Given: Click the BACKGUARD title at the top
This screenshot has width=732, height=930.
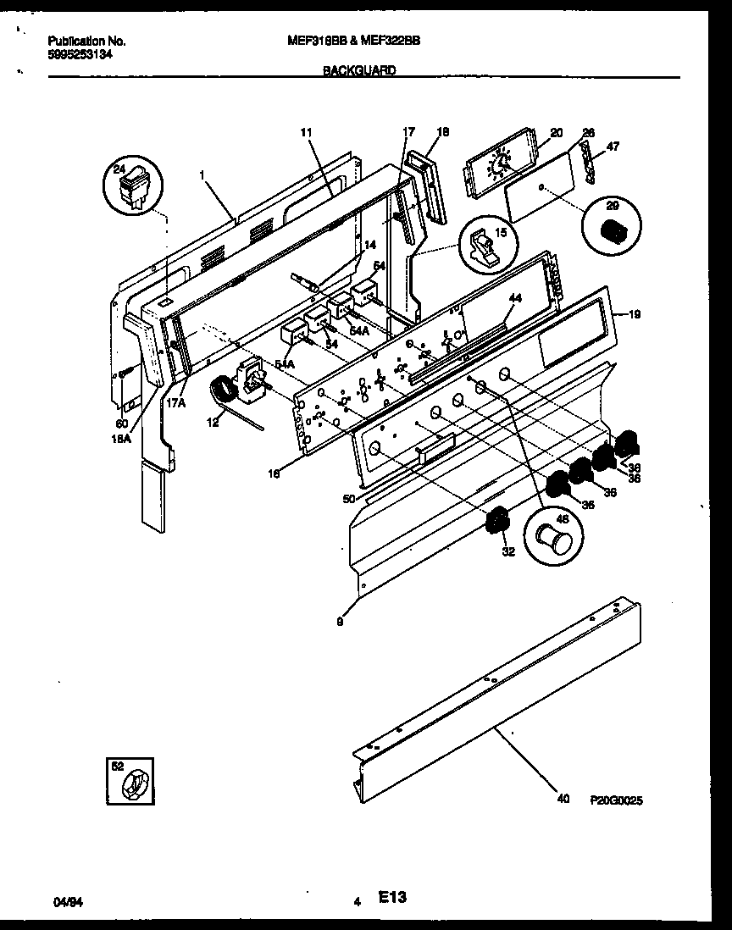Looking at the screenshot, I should pyautogui.click(x=359, y=72).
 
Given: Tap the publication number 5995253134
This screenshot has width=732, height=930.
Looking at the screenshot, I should pyautogui.click(x=81, y=53).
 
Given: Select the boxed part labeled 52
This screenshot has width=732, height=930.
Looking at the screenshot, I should pyautogui.click(x=131, y=779).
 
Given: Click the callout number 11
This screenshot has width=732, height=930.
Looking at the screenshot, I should pyautogui.click(x=306, y=132).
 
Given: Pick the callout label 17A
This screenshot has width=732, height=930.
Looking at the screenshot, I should pyautogui.click(x=175, y=404).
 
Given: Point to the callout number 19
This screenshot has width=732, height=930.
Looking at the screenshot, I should pyautogui.click(x=635, y=314).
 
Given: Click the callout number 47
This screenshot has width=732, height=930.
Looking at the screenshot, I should pyautogui.click(x=613, y=147).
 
